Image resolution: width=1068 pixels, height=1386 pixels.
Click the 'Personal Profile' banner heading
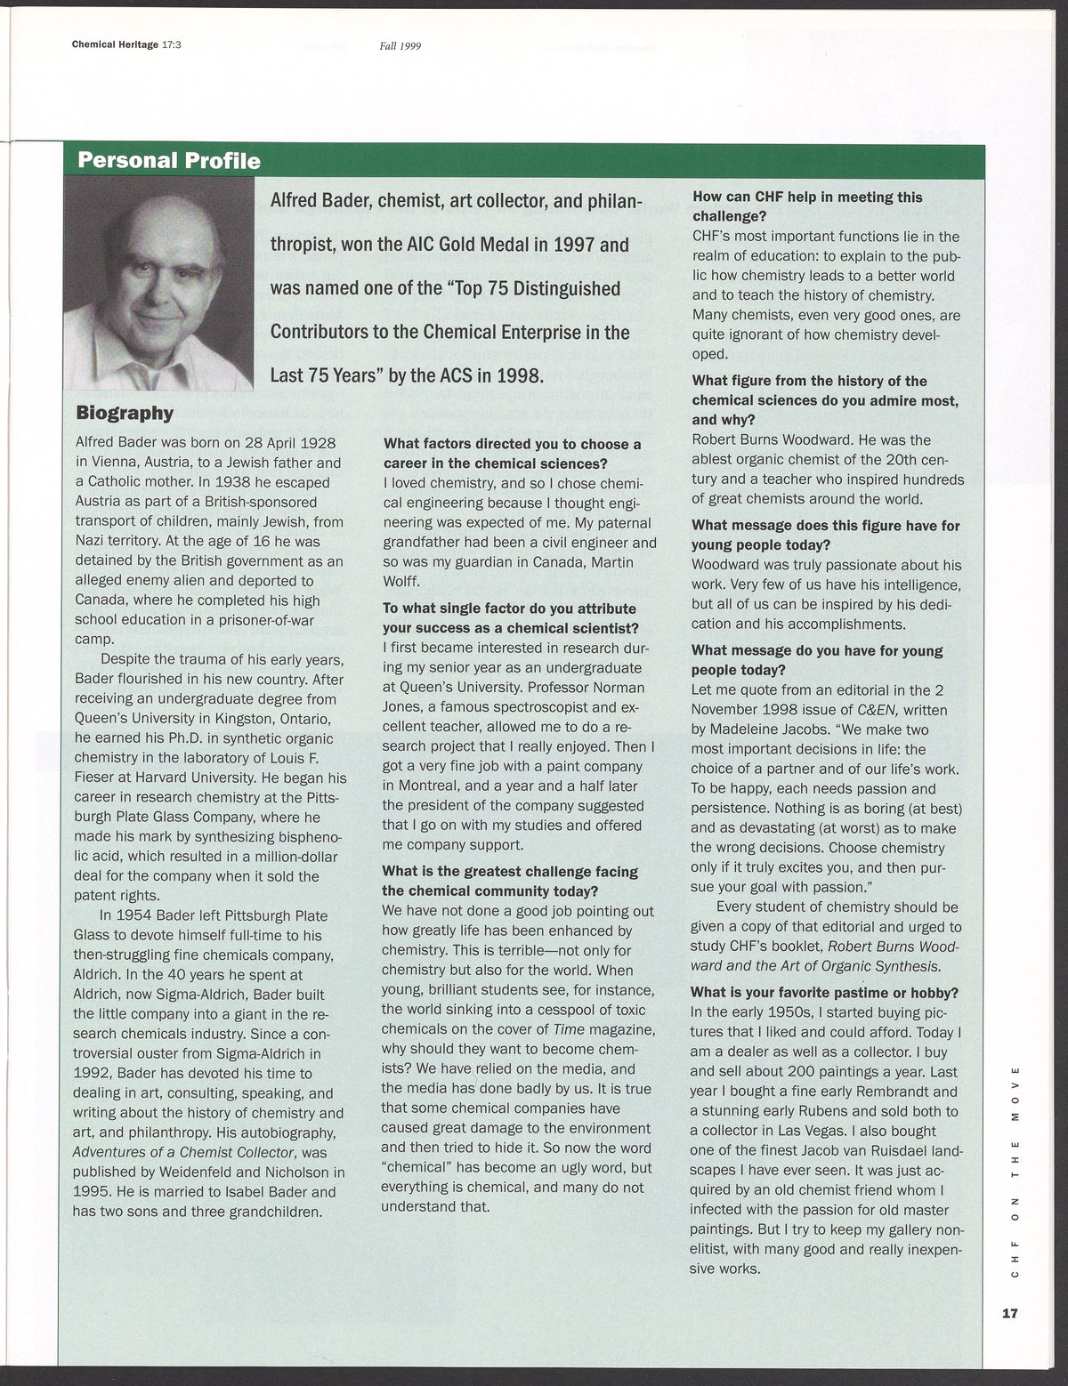[168, 161]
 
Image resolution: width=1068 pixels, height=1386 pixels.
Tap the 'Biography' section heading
[125, 413]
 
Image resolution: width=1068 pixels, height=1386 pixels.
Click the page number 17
[1007, 1312]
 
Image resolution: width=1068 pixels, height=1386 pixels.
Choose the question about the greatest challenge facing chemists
[509, 881]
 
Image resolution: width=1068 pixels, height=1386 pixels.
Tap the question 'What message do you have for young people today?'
[816, 659]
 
